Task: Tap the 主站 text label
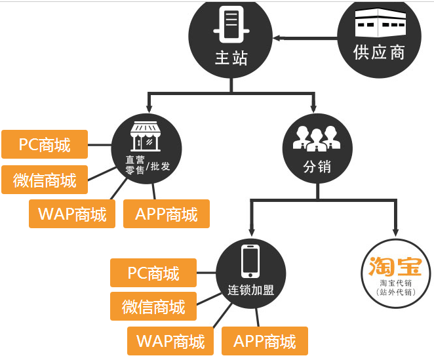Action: [x=231, y=58]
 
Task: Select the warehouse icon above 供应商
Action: [x=380, y=24]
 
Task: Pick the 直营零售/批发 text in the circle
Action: [x=148, y=165]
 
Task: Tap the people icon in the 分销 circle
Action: [x=316, y=137]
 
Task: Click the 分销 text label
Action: [x=317, y=167]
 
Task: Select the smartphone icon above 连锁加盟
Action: [x=250, y=260]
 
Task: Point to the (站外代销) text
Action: [x=396, y=292]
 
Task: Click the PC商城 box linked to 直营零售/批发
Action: [x=45, y=144]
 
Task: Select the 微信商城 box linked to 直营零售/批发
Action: [x=45, y=180]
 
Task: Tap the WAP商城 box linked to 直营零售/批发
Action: [x=72, y=214]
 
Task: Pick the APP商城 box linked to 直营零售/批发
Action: [x=167, y=214]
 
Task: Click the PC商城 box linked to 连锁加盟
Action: [x=153, y=273]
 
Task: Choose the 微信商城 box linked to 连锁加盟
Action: [x=153, y=307]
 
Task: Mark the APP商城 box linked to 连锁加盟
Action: [x=265, y=341]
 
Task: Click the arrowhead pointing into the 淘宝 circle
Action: [x=395, y=231]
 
